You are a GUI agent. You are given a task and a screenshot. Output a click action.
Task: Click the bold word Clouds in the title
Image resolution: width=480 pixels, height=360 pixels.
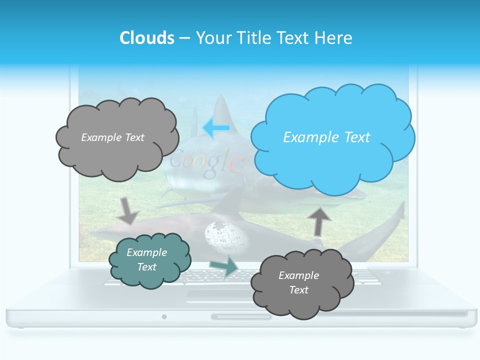point(147,38)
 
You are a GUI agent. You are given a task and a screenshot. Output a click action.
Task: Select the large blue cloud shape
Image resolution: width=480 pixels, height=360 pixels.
point(332,137)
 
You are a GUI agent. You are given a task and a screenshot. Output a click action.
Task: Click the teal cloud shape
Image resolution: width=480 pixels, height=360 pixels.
point(149,259)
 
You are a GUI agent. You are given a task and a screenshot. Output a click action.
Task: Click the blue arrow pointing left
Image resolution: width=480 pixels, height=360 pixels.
point(216,128)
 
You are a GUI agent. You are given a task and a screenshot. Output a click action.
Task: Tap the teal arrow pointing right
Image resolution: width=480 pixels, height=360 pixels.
point(224,266)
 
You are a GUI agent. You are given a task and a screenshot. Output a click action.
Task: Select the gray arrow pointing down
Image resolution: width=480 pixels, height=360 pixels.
point(127,210)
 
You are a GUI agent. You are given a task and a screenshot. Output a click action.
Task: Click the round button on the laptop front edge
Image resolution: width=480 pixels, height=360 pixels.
point(164,316)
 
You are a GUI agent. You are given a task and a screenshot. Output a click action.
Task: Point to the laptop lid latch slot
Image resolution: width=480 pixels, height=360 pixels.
point(241,316)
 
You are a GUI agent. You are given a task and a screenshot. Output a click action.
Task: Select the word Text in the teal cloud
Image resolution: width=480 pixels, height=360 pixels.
point(147,267)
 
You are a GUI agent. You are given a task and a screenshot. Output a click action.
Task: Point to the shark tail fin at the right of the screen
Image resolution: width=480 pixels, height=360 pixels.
point(395,220)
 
